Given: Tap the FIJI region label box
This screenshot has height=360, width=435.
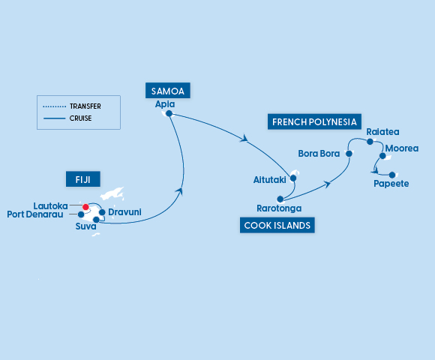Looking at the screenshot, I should click(x=82, y=178).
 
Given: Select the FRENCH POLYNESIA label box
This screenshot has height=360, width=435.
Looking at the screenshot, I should click(x=314, y=121).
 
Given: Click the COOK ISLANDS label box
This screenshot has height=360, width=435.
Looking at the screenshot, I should click(x=277, y=224).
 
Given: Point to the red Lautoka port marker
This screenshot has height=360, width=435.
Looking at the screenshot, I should click(x=86, y=207).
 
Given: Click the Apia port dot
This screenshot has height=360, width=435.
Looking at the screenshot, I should click(x=169, y=114).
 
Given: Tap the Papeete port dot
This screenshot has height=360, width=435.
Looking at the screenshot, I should click(x=391, y=175).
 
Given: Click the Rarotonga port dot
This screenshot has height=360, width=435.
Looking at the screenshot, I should click(x=280, y=199).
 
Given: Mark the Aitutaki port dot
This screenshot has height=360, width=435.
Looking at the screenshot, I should click(x=293, y=178).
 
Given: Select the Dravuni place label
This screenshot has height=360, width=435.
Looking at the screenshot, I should click(x=125, y=213).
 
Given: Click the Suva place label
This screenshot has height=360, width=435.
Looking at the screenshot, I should click(x=86, y=226).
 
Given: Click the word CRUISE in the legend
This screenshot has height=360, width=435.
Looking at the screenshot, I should click(x=80, y=118).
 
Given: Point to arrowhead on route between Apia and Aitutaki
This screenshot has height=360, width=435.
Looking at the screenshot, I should click(x=244, y=139).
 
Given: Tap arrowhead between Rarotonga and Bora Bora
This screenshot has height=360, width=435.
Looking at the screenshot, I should click(x=328, y=182).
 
